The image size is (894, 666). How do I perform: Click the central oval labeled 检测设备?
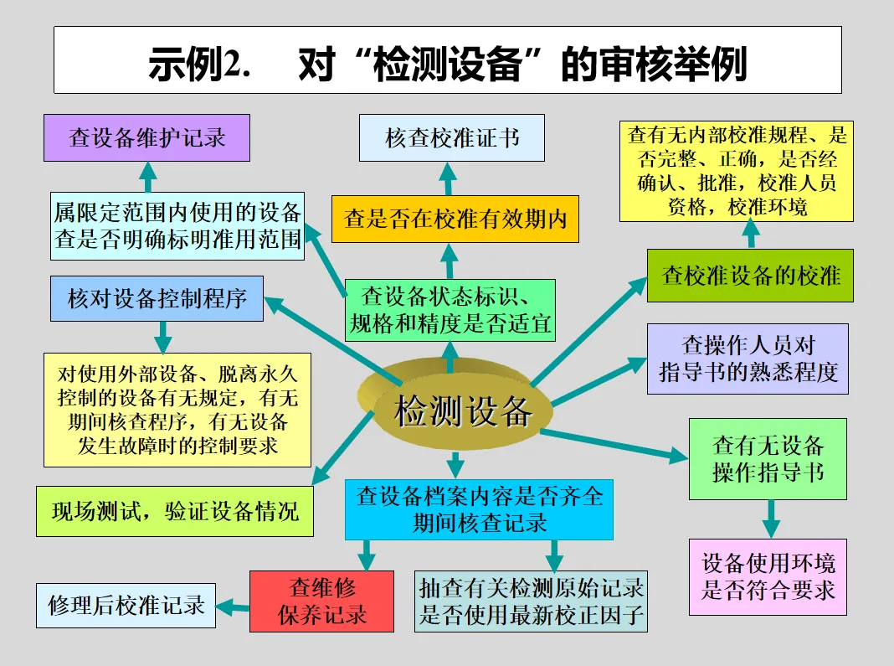[463, 411]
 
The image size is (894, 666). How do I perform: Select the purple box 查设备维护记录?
[147, 137]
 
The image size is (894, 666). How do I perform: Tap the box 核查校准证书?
[452, 137]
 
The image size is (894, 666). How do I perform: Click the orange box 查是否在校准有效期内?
[455, 219]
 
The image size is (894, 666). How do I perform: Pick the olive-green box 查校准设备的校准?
[750, 275]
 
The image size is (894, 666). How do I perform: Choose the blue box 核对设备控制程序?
[157, 298]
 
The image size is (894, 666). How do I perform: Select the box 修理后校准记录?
[126, 605]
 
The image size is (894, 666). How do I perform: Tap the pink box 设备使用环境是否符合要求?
[768, 577]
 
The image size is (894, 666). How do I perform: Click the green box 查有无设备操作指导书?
[768, 458]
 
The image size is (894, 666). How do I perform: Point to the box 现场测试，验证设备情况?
[174, 511]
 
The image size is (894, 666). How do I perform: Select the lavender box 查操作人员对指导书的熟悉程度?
[748, 359]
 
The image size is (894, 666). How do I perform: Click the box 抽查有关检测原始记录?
[532, 601]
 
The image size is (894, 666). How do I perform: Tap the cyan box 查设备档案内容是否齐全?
[479, 509]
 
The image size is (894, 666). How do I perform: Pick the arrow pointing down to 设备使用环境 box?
[771, 519]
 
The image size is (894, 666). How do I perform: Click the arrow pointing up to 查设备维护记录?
[148, 177]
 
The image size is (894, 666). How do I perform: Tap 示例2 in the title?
[199, 65]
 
